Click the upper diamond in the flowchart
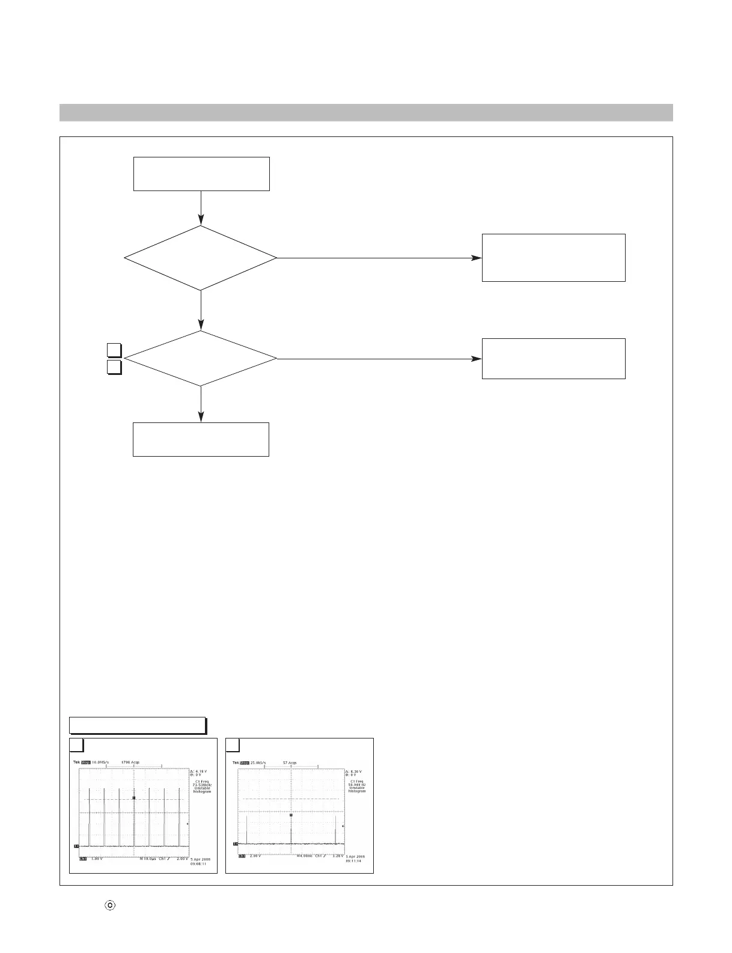tap(200, 258)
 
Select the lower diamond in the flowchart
tap(200, 359)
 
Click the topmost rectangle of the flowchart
tap(201, 174)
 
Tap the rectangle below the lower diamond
tap(201, 439)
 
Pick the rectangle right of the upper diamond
tap(554, 258)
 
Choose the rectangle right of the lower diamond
tap(554, 359)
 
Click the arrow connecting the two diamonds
tap(200, 311)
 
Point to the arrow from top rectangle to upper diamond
tap(200, 208)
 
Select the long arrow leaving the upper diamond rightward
tap(379, 258)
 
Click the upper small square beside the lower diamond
tap(115, 350)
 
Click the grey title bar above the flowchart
tap(365, 112)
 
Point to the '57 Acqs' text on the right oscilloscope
tap(289, 763)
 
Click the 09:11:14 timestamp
tap(356, 861)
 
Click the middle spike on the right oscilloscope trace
tap(291, 829)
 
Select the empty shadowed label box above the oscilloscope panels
tap(138, 725)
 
